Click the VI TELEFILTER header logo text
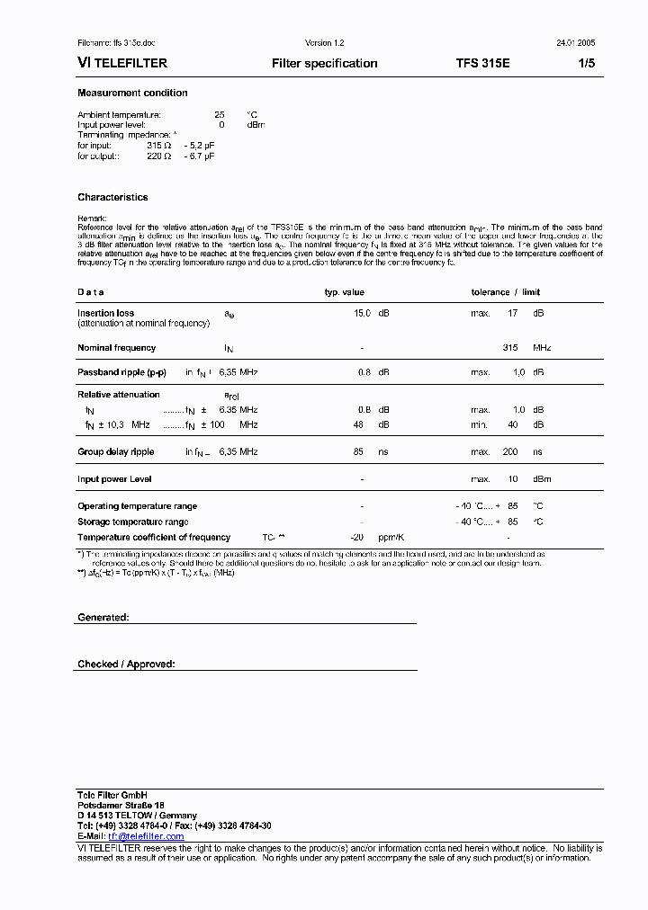pos(122,64)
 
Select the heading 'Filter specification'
pos(324,64)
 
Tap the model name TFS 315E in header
pos(482,64)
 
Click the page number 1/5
pos(586,64)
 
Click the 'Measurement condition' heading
pos(132,94)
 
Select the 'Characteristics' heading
pos(112,198)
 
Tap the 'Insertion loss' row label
pos(105,314)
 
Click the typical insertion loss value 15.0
pos(362,314)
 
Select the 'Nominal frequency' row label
pos(116,348)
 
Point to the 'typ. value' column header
pos(344,292)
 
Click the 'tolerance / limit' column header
pos(506,292)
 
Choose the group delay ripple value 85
pos(358,452)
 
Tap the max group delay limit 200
pos(510,452)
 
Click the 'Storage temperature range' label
pos(132,522)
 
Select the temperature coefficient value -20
pos(356,537)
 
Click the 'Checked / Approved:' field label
pos(126,665)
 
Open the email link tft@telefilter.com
pos(146,836)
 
